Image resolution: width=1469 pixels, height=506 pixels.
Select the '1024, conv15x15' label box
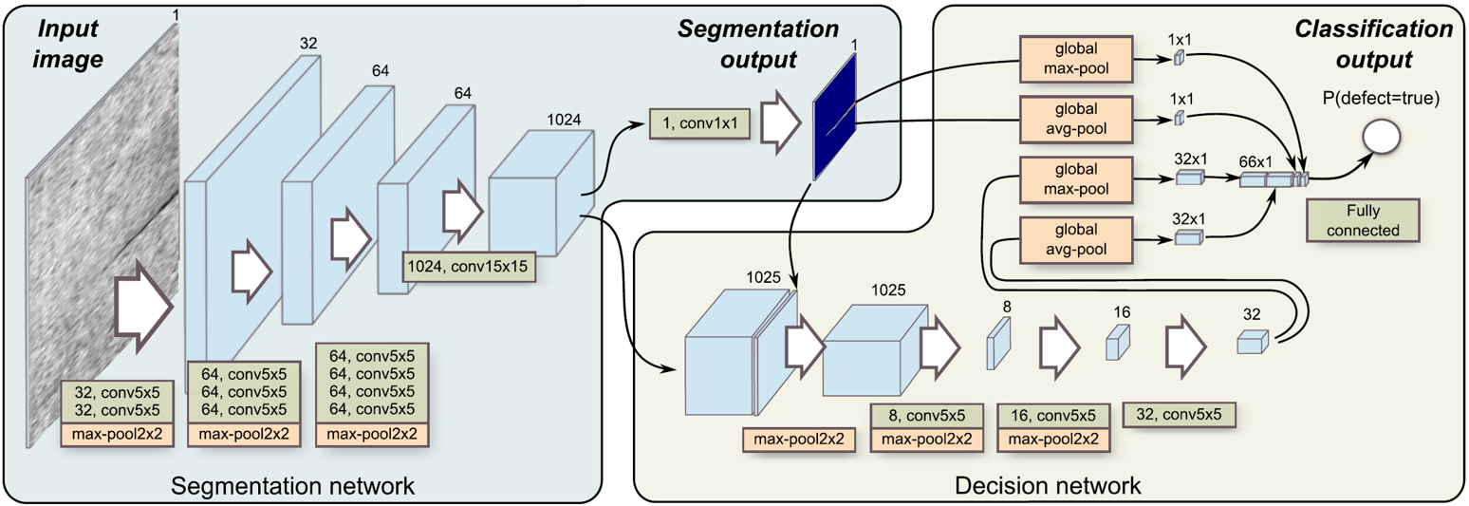467,267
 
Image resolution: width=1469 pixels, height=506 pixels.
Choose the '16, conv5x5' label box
1053,416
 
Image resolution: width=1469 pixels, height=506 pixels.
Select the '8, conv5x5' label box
927,416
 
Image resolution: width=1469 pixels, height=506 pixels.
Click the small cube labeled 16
1120,342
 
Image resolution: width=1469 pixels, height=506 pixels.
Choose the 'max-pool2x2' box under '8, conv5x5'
927,440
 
